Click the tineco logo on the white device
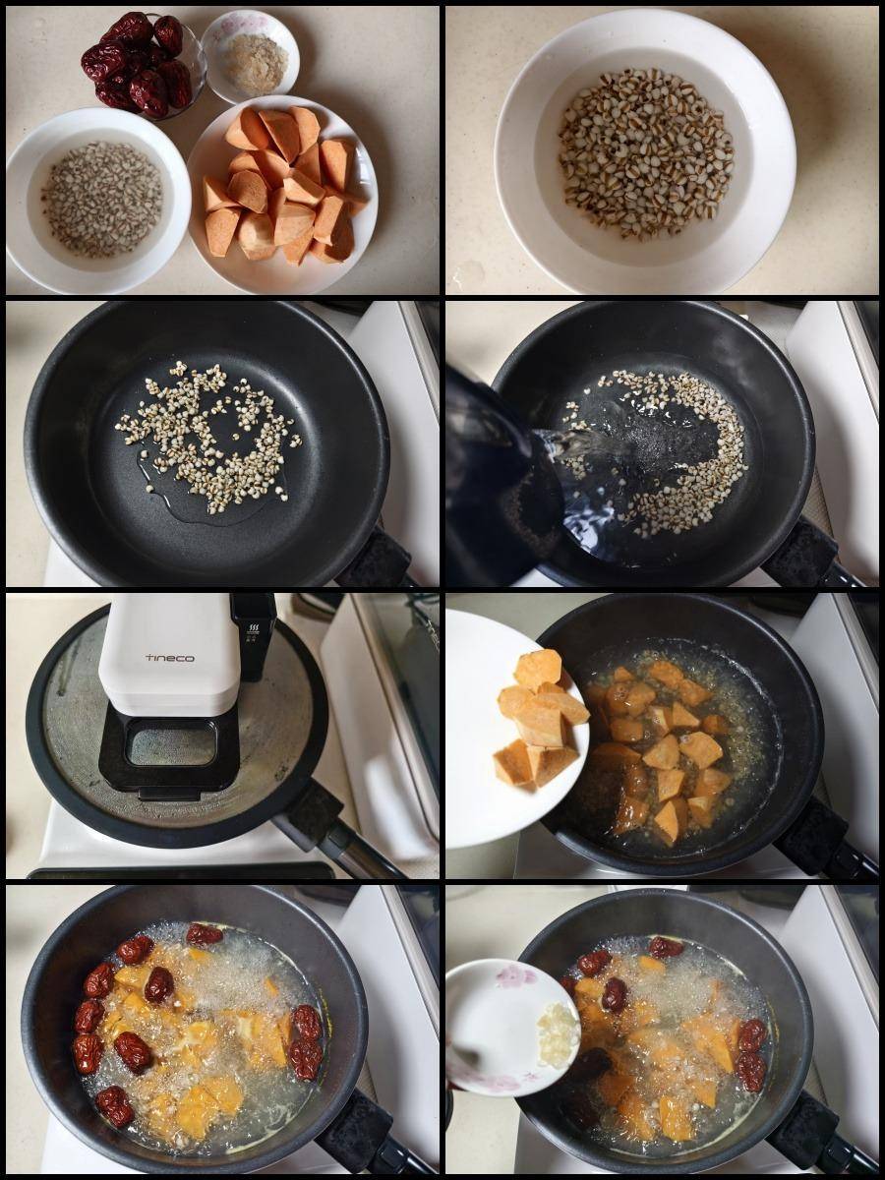pos(172,658)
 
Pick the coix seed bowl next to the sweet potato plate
pos(98,201)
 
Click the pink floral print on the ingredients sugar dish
pos(235,26)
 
